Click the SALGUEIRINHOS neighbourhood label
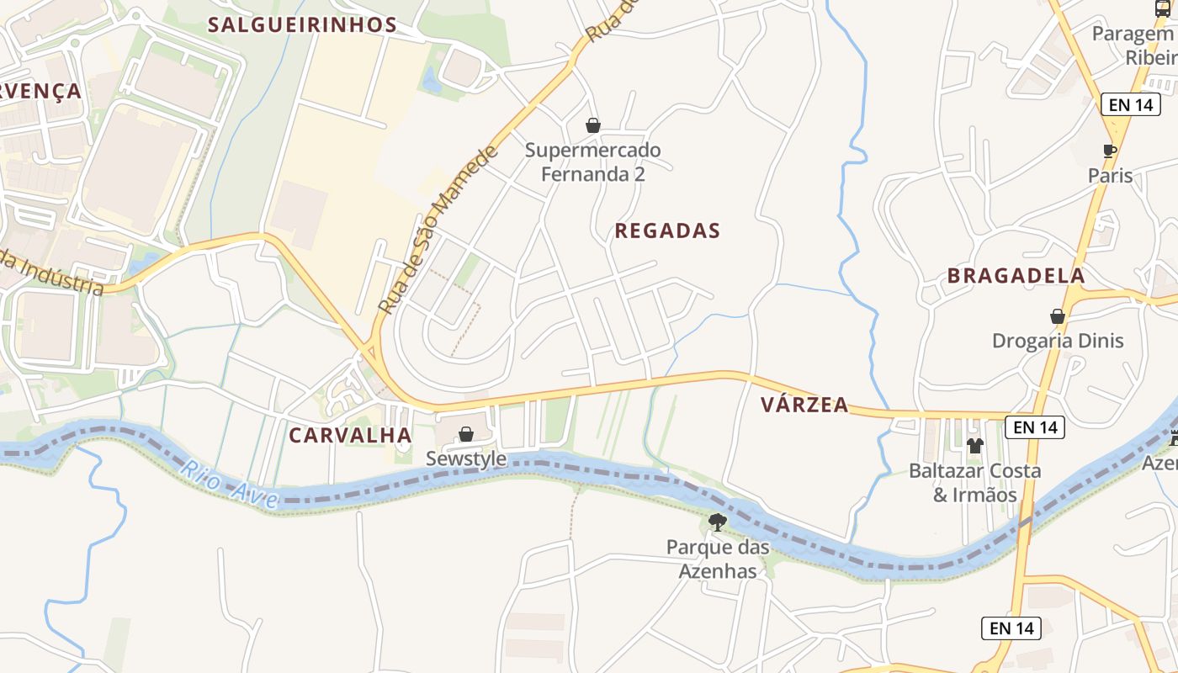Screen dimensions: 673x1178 coord(302,24)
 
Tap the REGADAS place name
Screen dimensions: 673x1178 coord(667,231)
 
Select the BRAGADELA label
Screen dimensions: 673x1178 coord(1016,276)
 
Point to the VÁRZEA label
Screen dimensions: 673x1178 coord(804,405)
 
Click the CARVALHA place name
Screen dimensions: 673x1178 coord(350,435)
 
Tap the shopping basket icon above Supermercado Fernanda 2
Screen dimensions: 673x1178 coord(593,125)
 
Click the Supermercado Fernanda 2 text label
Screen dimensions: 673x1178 coord(592,162)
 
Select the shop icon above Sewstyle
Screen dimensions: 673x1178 coord(465,434)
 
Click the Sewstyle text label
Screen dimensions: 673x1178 coord(466,458)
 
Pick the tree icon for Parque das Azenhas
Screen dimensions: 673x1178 coord(718,522)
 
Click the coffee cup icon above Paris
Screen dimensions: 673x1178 coord(1110,151)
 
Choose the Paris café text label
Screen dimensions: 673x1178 coord(1110,176)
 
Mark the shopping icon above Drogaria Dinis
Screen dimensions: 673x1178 coord(1058,316)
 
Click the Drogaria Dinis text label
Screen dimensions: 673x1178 coord(1058,341)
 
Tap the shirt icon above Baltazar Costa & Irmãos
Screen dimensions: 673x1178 coord(975,445)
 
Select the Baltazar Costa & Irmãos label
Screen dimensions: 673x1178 coord(975,483)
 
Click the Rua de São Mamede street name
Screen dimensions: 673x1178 coord(438,229)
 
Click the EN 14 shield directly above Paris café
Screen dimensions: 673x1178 coord(1130,104)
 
